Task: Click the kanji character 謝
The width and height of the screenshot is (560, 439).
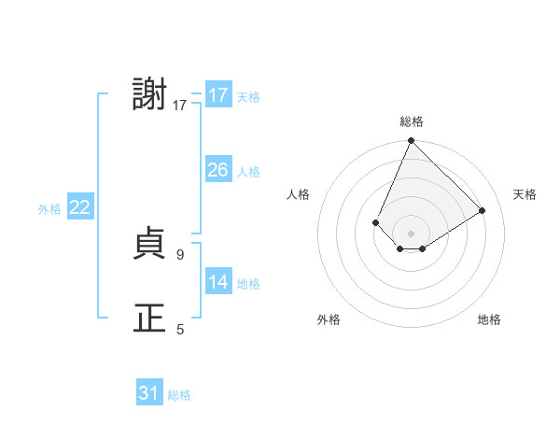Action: click(x=150, y=95)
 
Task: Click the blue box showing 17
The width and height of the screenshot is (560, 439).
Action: click(x=218, y=95)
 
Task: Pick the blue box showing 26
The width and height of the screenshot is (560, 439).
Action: click(x=218, y=170)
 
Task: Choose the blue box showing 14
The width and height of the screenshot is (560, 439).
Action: click(x=218, y=282)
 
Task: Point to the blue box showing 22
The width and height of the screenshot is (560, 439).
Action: click(x=79, y=207)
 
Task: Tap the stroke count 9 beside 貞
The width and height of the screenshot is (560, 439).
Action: click(x=181, y=254)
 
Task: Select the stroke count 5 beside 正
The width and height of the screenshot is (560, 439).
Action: click(x=181, y=329)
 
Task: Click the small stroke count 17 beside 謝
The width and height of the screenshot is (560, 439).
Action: click(x=180, y=106)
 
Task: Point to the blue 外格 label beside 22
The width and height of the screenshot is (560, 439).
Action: click(x=49, y=209)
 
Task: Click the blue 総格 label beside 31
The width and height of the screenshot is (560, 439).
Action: click(x=179, y=395)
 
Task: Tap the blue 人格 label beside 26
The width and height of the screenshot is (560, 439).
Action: click(x=248, y=172)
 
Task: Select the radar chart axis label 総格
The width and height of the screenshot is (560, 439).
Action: click(x=412, y=121)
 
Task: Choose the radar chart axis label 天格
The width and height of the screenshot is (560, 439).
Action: click(x=525, y=194)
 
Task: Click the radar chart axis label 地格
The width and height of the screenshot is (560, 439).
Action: click(x=489, y=319)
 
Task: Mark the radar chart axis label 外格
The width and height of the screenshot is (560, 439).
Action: click(x=329, y=319)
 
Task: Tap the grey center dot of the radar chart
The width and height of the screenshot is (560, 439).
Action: click(x=412, y=233)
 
